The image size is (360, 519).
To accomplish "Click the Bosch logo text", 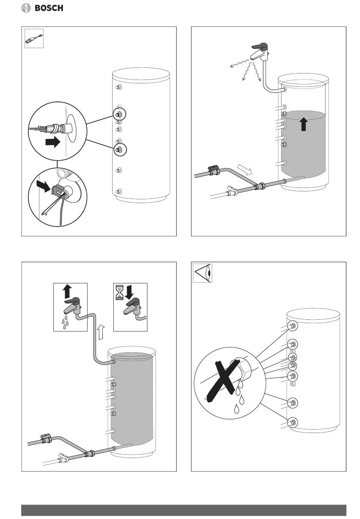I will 49,8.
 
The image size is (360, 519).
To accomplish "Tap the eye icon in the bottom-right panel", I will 202,273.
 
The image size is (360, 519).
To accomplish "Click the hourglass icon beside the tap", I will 120,294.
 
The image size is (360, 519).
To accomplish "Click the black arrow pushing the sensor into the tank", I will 53,142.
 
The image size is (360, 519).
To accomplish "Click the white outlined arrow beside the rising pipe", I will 100,332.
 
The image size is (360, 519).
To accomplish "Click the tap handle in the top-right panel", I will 260,46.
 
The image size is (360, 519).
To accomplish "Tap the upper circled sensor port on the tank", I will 119,114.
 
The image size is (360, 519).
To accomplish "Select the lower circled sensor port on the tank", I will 119,150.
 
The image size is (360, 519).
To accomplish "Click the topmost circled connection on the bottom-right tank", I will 293,326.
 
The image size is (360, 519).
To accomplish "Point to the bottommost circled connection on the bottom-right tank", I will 292,422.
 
